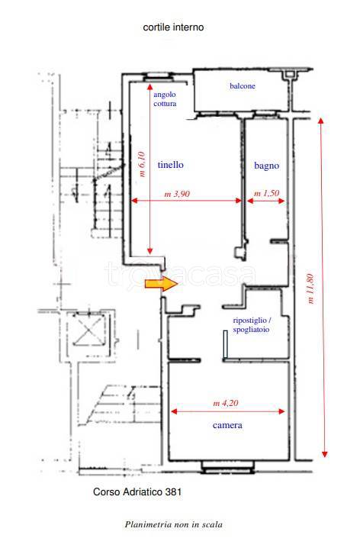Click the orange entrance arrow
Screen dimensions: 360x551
162,284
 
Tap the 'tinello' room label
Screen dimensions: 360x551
170,164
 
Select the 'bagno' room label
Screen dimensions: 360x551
267,166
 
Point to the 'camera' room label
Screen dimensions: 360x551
227,425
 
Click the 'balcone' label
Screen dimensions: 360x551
243,85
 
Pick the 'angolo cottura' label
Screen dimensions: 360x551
165,98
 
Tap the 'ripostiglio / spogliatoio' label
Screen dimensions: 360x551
252,325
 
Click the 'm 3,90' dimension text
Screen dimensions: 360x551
177,194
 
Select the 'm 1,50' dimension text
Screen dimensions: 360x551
267,193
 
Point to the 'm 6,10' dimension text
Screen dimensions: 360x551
142,164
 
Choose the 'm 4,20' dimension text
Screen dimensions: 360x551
226,403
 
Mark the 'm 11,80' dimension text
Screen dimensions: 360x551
310,288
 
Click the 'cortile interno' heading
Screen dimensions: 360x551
173,27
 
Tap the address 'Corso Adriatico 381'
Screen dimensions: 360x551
137,491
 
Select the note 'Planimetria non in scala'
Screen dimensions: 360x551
173,524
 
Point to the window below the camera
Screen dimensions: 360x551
227,467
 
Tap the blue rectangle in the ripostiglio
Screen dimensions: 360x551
225,344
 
